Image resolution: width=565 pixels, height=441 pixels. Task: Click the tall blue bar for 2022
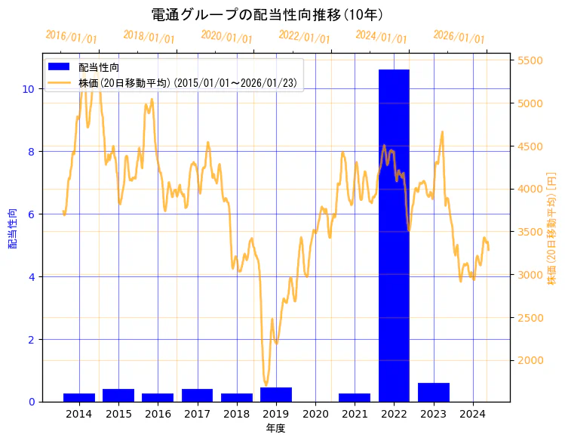point(394,235)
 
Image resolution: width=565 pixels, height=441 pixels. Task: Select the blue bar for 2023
point(433,393)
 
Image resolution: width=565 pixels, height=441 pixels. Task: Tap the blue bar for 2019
point(276,394)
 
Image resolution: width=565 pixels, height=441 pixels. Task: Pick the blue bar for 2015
point(118,395)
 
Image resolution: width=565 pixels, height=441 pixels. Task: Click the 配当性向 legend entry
point(99,68)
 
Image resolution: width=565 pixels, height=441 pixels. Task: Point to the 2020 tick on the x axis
point(315,414)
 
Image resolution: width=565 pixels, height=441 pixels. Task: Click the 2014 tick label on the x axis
point(79,414)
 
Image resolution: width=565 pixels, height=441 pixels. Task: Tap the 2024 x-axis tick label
point(473,414)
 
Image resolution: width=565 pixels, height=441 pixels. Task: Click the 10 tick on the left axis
point(28,88)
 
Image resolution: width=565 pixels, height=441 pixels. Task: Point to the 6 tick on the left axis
point(31,214)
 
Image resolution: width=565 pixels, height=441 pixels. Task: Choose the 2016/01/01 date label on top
point(72,37)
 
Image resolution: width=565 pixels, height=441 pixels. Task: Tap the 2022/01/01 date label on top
point(305,37)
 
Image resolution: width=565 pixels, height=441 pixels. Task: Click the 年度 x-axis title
point(275,428)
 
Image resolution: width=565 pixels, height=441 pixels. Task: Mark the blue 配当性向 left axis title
point(12,228)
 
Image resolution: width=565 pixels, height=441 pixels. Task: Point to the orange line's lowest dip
point(266,384)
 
